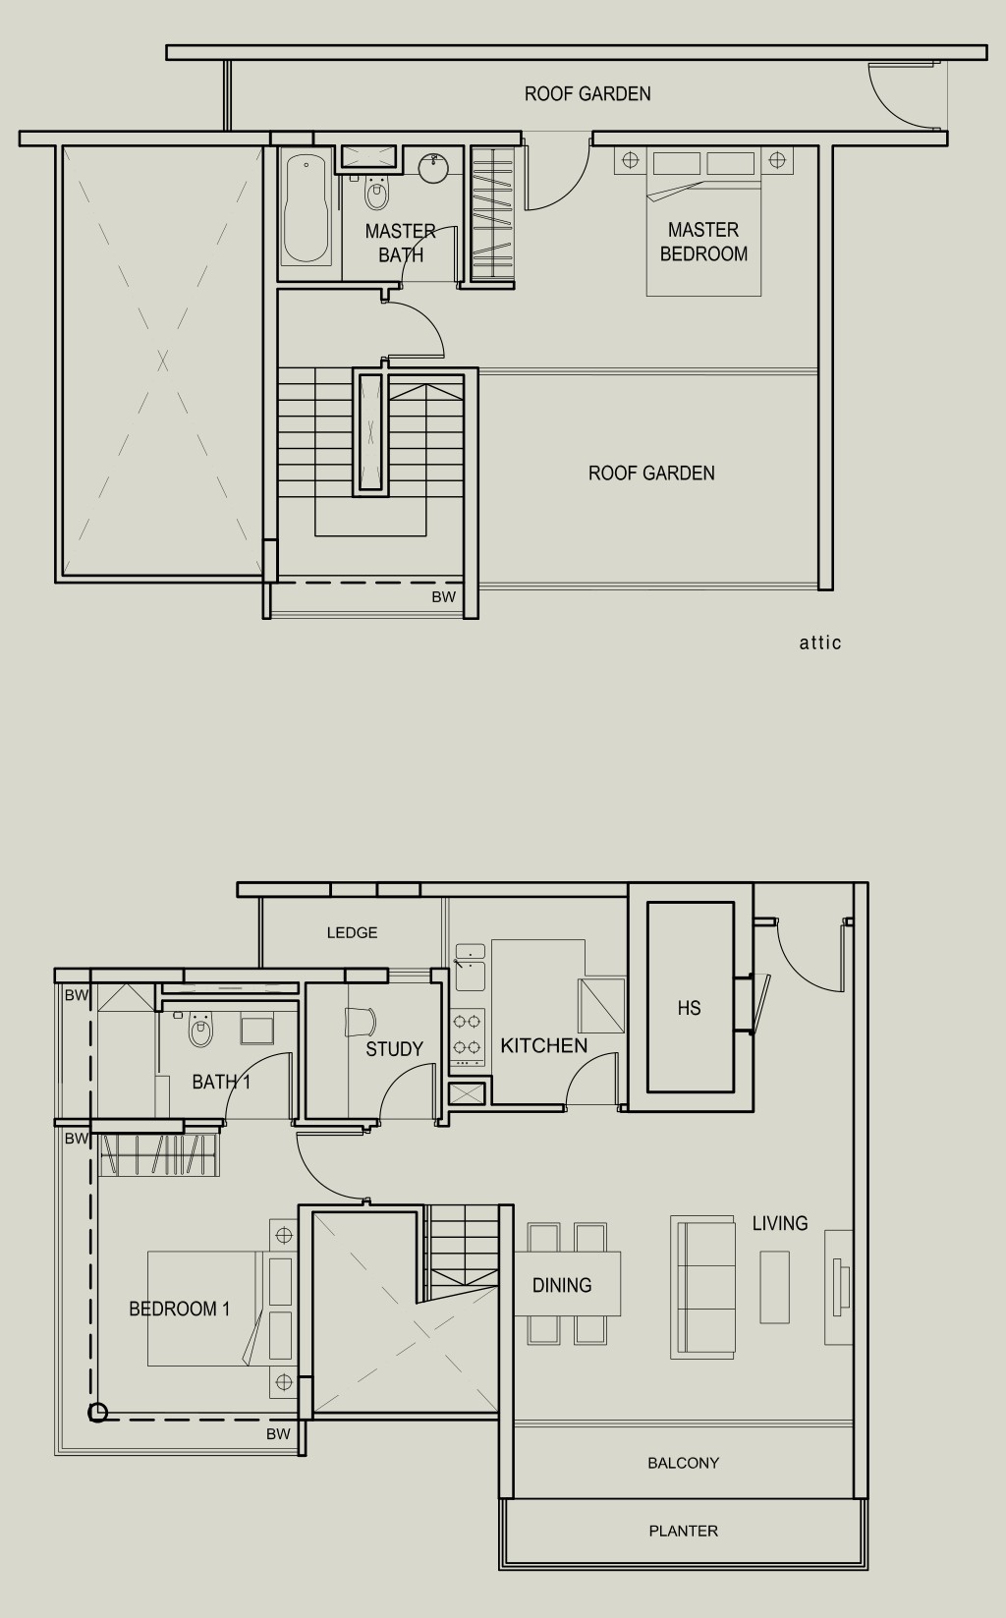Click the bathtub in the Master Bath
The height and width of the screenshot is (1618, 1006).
click(x=307, y=208)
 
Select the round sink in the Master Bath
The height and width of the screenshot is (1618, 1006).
click(x=434, y=165)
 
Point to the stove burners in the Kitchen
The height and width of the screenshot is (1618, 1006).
click(x=468, y=1033)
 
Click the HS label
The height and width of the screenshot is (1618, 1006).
click(x=689, y=1008)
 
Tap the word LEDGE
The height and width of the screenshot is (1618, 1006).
click(x=352, y=932)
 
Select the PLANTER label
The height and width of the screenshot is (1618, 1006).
click(x=683, y=1531)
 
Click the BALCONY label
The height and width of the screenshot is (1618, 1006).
click(x=683, y=1463)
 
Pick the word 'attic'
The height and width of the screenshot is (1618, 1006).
click(x=820, y=642)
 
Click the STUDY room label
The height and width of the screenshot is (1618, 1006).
click(x=394, y=1049)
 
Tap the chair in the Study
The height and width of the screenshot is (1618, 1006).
click(x=361, y=1022)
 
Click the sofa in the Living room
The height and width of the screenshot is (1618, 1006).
click(x=702, y=1287)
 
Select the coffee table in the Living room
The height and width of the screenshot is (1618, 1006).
click(x=774, y=1287)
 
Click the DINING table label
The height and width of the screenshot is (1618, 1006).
click(x=562, y=1285)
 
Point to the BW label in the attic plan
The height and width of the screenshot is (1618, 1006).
click(x=444, y=596)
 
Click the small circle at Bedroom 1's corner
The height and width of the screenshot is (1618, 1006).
click(x=97, y=1412)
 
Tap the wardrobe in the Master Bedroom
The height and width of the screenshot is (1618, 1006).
click(x=492, y=214)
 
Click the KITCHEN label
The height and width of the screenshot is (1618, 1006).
click(x=544, y=1045)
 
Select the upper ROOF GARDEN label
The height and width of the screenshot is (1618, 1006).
click(x=587, y=94)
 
